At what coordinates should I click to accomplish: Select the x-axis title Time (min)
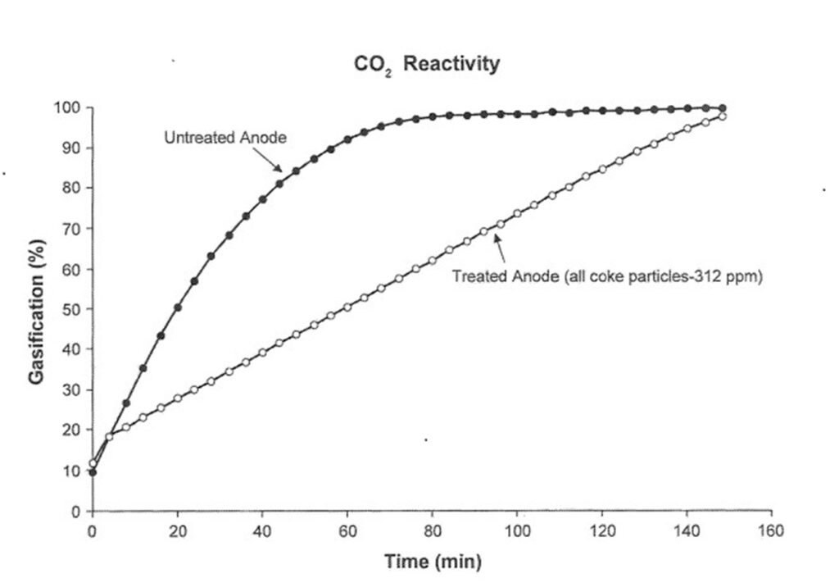pos(433,562)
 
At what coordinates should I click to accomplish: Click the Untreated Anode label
pos(225,138)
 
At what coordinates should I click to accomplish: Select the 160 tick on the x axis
pos(771,531)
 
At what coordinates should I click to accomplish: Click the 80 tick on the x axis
pos(432,531)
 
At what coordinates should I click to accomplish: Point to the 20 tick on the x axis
pos(178,531)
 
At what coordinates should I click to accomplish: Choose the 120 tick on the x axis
pos(601,531)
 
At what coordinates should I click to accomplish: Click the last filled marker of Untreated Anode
pos(722,108)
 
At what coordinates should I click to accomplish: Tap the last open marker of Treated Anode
pos(722,116)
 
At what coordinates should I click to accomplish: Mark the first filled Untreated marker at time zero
pos(93,472)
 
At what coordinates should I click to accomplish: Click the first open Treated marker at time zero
pos(93,463)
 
